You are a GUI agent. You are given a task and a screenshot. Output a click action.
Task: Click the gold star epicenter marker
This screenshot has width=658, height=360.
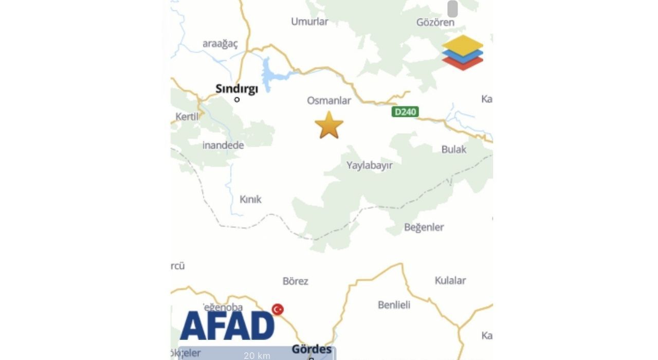pos(329,125)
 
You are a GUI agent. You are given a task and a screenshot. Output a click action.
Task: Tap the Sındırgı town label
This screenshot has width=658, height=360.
pos(236,88)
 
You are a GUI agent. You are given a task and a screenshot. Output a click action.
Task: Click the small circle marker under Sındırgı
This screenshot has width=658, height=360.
pos(237,99)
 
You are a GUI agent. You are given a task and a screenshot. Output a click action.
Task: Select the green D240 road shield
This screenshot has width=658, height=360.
pos(405,112)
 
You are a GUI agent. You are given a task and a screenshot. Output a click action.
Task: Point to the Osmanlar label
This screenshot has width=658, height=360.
pos(329,100)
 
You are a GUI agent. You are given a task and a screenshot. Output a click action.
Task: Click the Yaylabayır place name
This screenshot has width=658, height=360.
pos(369,165)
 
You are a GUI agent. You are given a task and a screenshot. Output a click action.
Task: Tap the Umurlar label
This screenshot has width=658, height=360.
pos(309,22)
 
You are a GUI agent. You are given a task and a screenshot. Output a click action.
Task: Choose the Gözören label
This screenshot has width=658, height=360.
pos(435,23)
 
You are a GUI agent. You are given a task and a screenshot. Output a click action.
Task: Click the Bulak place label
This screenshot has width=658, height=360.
pos(454,149)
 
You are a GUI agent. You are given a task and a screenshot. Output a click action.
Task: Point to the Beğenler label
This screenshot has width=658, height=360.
pos(424,227)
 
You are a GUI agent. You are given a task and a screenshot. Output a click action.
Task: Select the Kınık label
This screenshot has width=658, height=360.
pos(251,199)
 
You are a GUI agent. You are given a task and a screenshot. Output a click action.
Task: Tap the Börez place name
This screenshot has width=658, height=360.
pos(296,281)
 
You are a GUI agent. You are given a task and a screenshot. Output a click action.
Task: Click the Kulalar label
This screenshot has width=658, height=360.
pos(450,280)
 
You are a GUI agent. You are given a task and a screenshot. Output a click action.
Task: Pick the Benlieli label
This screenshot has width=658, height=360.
pos(394,305)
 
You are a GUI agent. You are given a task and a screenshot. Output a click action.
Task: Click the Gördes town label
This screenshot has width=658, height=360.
pos(312,349)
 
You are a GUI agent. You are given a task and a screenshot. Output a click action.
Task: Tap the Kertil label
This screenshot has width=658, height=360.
pos(187,117)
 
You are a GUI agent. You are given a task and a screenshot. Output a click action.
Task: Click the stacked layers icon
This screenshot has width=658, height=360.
pos(462,52)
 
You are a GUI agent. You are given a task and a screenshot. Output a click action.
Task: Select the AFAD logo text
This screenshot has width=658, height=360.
pos(227,326)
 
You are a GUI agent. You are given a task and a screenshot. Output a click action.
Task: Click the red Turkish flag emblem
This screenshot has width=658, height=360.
pos(278,309)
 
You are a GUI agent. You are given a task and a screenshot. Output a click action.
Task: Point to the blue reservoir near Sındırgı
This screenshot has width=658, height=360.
pos(269,75)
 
